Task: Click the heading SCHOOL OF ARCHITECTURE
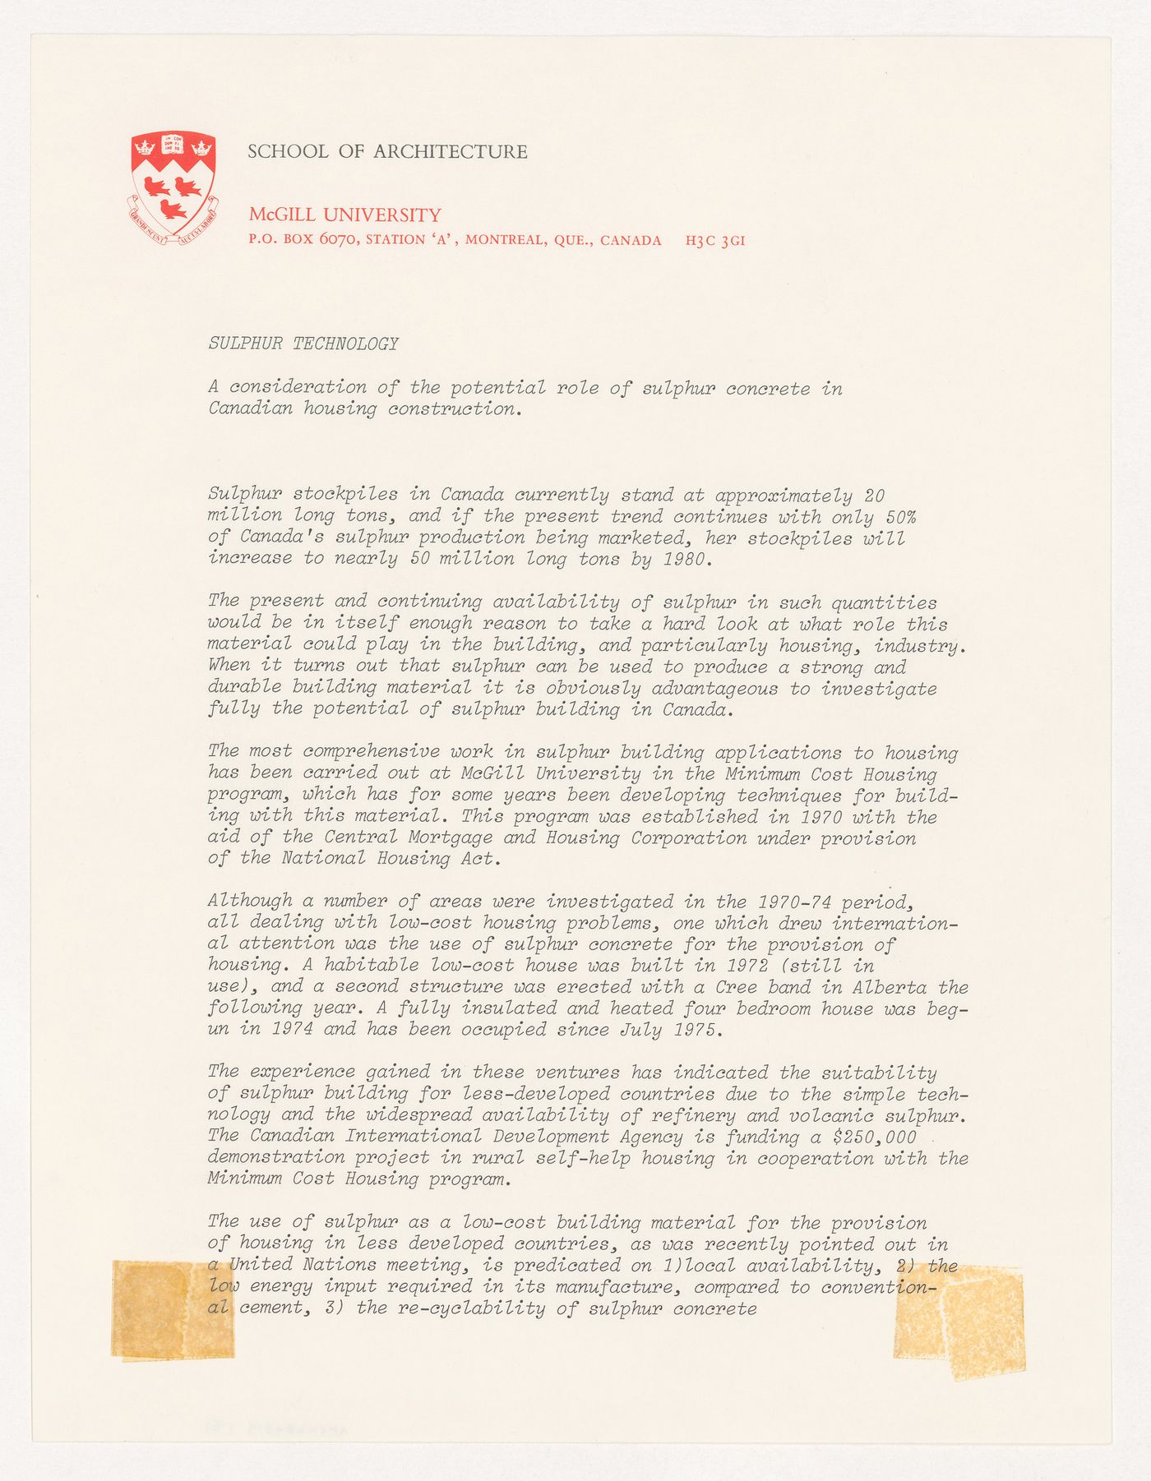(x=387, y=151)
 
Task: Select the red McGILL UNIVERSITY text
(x=344, y=215)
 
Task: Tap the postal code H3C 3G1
(x=714, y=241)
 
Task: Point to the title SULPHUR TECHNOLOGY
(x=303, y=344)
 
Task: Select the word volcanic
(x=847, y=1115)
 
